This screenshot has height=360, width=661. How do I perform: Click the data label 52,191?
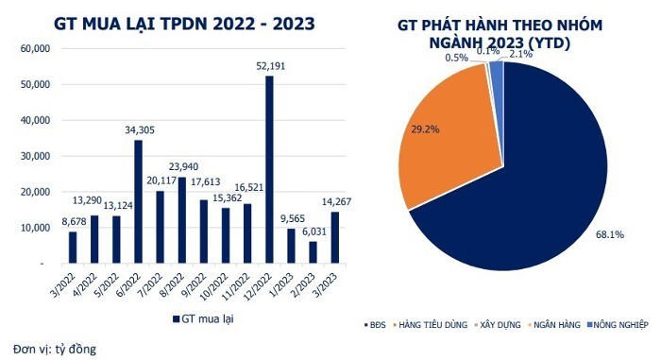pyautogui.click(x=270, y=65)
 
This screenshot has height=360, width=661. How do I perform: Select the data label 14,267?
pyautogui.click(x=335, y=199)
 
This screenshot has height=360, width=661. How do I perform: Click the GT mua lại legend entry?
pyautogui.click(x=204, y=320)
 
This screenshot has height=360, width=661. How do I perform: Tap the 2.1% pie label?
pyautogui.click(x=519, y=55)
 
